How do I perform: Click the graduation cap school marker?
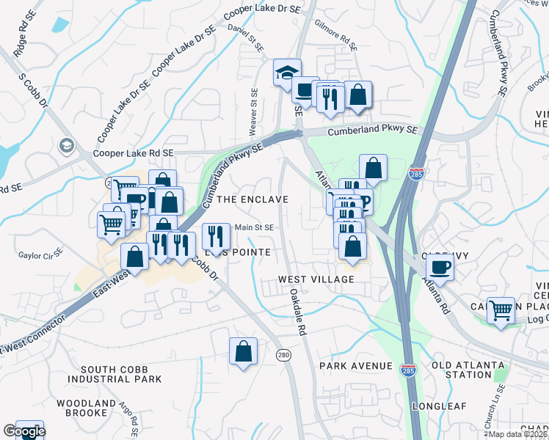point(287,73)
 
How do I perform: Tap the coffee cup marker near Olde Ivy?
point(440,265)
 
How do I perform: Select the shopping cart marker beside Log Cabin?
point(501,309)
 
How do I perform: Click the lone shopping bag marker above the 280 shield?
point(243,351)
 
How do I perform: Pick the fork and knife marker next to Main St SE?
point(215,235)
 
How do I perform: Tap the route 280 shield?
point(283,355)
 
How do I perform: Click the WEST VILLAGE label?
point(316,279)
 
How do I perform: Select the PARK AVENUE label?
point(356,366)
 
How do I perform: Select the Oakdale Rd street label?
point(297,312)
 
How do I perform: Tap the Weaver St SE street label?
point(254,109)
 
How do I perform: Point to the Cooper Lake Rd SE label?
point(133,153)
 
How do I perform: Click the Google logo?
point(23,431)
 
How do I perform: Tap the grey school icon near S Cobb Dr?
point(68,146)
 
